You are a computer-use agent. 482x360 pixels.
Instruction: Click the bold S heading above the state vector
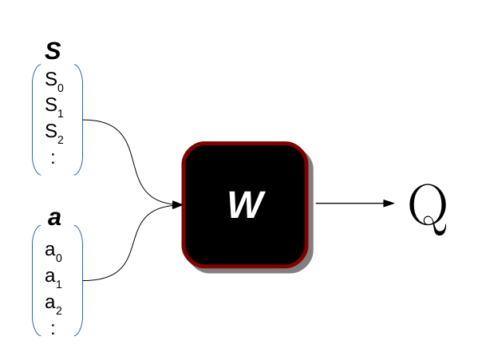(x=53, y=52)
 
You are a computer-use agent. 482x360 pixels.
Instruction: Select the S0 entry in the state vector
(x=53, y=81)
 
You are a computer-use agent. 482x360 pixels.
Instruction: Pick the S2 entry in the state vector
(x=53, y=132)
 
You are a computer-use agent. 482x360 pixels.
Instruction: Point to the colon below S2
(x=53, y=156)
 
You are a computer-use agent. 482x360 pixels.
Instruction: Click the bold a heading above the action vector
(x=54, y=218)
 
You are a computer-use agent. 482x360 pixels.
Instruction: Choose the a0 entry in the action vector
(x=53, y=253)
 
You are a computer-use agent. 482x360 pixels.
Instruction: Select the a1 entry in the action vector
(x=53, y=279)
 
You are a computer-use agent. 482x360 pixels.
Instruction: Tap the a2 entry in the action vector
(x=53, y=304)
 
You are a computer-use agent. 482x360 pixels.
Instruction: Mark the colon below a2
(x=53, y=328)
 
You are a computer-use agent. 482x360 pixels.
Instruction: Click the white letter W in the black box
(x=246, y=205)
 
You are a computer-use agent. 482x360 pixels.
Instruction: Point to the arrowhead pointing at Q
(x=389, y=204)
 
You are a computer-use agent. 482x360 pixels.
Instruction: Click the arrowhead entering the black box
(x=176, y=204)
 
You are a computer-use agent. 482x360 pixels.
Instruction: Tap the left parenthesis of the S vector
(x=34, y=120)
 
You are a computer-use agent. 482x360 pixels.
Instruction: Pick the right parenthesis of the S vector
(x=81, y=120)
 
